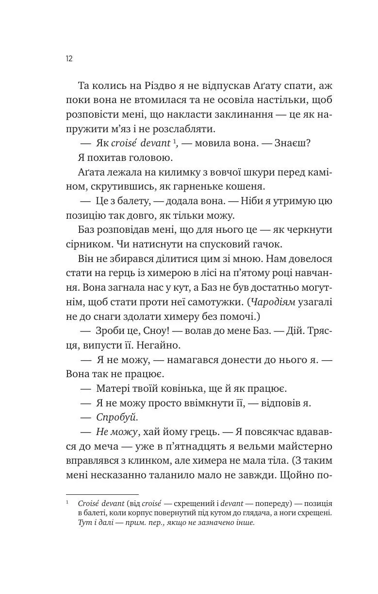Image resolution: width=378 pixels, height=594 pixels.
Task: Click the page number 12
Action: (x=69, y=59)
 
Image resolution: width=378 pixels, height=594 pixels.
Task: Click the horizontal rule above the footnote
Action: (x=102, y=495)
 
